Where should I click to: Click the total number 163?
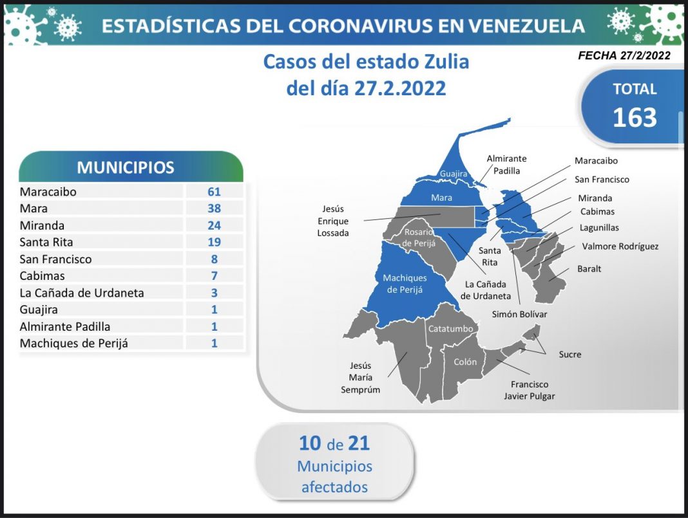coord(635,117)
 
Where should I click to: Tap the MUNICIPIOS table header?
coord(126,168)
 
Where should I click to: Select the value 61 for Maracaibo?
coord(214,192)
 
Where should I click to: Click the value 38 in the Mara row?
coord(214,208)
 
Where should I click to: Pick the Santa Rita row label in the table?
coord(46,242)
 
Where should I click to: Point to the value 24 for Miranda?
coord(214,225)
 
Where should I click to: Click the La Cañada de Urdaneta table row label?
coord(82,293)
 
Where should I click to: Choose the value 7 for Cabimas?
coord(214,276)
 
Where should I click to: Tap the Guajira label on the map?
coord(454,174)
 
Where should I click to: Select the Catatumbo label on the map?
coord(451,329)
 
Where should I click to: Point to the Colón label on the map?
coord(465,362)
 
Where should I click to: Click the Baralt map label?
coord(589,269)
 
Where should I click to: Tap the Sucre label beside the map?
coord(570,354)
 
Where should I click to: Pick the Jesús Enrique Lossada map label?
coord(333,221)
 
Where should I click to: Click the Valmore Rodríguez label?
coord(620,246)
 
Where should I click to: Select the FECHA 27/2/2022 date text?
coord(624,56)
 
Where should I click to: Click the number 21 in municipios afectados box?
coord(359,443)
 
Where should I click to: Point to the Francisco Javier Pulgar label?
coord(530,390)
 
